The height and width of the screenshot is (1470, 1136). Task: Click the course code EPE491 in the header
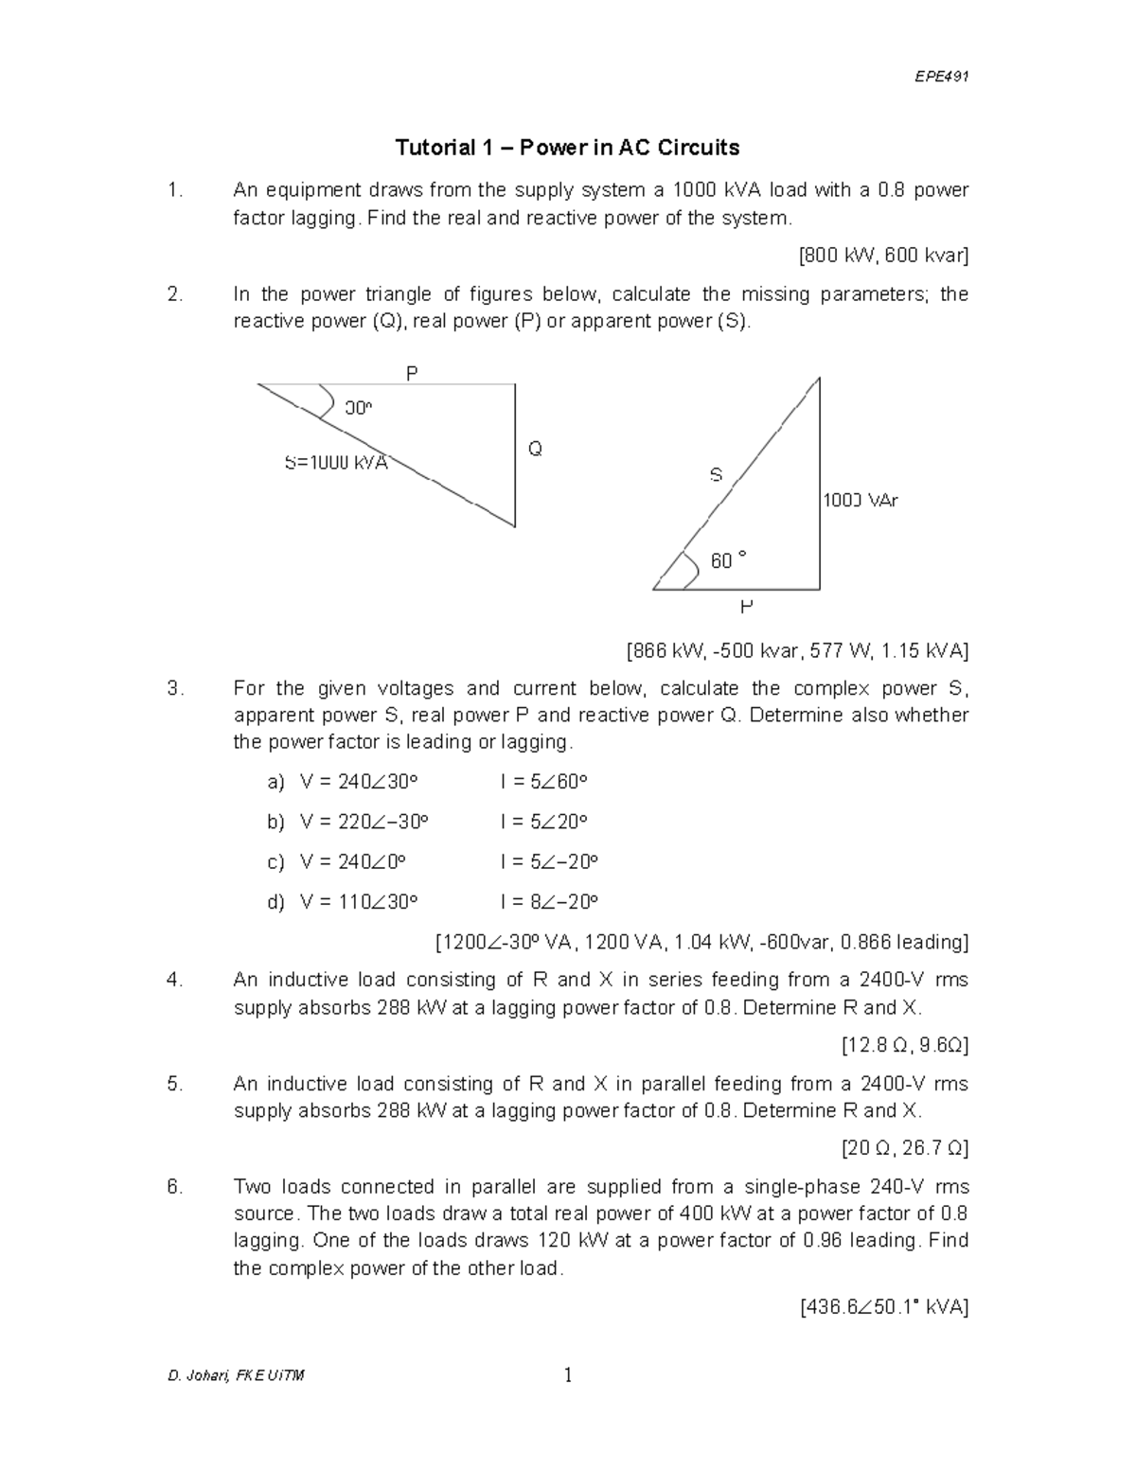pos(943,77)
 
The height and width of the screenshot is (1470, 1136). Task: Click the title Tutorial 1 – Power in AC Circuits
pos(567,148)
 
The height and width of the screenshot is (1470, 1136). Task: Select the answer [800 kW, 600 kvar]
pos(883,256)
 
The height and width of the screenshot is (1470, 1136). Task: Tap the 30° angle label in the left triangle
pos(359,408)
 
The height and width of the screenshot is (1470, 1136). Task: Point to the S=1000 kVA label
pos(336,463)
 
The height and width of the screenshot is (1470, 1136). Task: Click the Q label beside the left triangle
pos(535,449)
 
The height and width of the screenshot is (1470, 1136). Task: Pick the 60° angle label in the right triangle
pos(728,560)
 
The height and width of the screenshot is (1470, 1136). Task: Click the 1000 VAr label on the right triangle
pos(860,501)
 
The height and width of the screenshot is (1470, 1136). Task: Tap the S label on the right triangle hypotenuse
pos(716,475)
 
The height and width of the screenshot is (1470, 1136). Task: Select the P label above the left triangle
pos(412,373)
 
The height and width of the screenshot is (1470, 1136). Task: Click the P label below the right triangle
pos(747,606)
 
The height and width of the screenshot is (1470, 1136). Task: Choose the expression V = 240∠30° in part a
pos(358,782)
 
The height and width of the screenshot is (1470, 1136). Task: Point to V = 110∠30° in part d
pos(358,901)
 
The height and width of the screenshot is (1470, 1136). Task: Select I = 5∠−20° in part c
pos(549,861)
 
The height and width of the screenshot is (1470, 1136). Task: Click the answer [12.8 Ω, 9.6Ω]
pos(904,1045)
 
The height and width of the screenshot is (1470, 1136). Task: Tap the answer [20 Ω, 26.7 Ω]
pos(905,1148)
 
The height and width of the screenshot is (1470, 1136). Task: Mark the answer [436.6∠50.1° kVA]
pos(883,1307)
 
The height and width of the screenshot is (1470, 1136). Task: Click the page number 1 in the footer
pos(567,1375)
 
